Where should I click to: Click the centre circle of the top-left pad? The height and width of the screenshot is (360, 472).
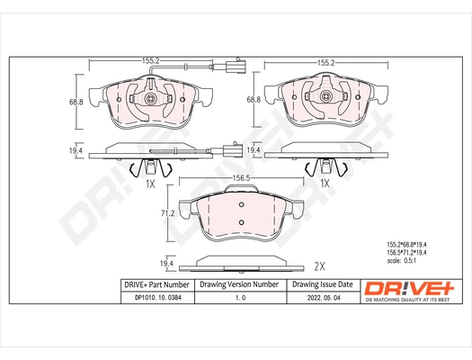[x=150, y=99]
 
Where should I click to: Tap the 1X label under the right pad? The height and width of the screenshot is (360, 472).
[x=325, y=183]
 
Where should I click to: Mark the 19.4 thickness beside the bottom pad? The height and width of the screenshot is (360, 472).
[x=165, y=262]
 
